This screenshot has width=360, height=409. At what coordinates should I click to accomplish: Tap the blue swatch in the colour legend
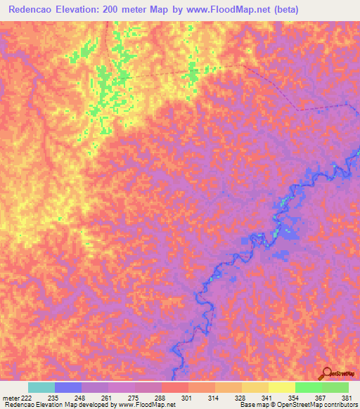point(67,387)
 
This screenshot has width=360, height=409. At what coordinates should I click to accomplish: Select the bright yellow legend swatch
point(281,387)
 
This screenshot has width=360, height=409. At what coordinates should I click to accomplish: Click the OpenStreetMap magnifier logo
point(326,374)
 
